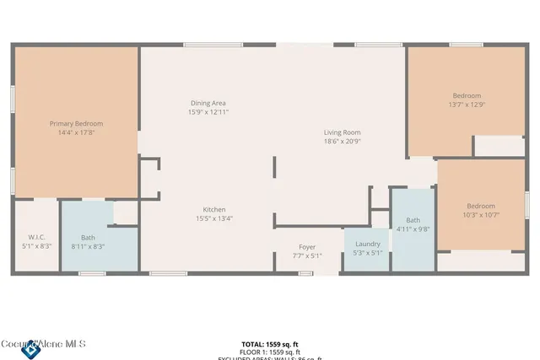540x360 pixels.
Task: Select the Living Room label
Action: coord(343,132)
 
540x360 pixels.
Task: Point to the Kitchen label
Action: coord(213,209)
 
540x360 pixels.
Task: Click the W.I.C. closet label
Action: coord(36,237)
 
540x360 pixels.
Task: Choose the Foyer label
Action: coord(307,247)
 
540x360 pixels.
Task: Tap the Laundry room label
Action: coord(367,244)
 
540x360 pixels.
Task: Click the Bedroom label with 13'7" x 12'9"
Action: coord(467,95)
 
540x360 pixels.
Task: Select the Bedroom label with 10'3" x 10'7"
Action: coord(481,206)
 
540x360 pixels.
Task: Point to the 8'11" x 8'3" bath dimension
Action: coord(89,246)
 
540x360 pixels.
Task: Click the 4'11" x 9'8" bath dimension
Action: coord(413,228)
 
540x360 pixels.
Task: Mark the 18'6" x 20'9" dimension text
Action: coord(343,142)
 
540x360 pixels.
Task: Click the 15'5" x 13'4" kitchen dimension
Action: coord(213,218)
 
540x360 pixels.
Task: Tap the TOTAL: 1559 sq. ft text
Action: coord(269,345)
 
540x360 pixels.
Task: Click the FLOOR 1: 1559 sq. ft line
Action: coord(269,352)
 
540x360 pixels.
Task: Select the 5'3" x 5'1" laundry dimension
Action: coord(367,253)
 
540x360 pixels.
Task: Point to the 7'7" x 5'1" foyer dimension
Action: coord(307,256)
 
